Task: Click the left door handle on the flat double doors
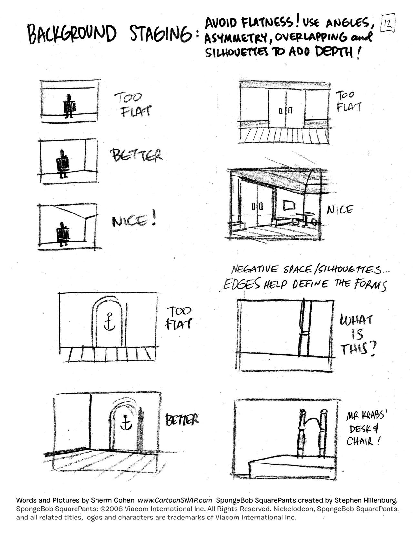[x=281, y=111]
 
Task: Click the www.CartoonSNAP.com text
[x=175, y=500]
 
